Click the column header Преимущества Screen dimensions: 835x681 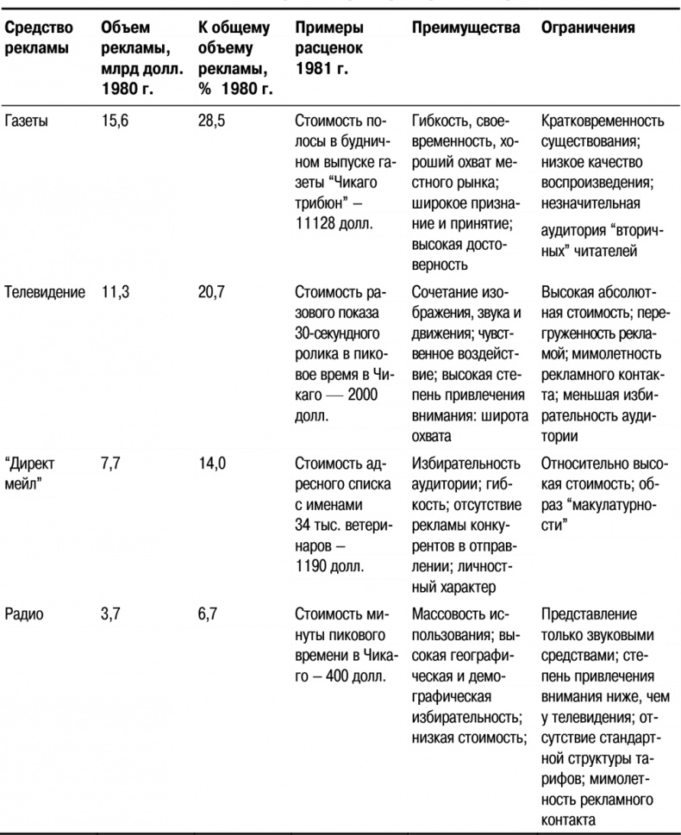pyautogui.click(x=465, y=28)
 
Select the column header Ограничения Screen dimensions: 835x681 pyautogui.click(x=588, y=28)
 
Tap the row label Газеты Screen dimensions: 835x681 pyautogui.click(x=25, y=122)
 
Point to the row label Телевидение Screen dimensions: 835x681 pyautogui.click(x=45, y=292)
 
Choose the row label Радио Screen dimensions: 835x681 pyautogui.click(x=22, y=614)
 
